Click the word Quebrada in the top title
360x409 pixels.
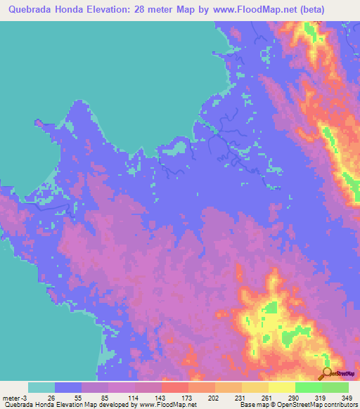pos(32,9)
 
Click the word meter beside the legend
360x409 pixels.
pos(12,398)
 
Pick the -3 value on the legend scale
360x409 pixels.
pos(27,398)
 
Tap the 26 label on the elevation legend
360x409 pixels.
pos(56,398)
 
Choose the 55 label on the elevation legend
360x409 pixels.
pos(82,398)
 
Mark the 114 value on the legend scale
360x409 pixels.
pos(135,398)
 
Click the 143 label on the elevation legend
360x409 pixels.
pos(162,398)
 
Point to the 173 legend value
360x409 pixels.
pos(188,398)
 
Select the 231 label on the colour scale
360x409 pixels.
pos(241,398)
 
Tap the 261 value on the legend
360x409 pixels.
pos(268,398)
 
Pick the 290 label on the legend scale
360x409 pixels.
pos(295,398)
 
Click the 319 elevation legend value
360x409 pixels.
pos(321,398)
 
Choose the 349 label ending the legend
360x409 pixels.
pos(347,398)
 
